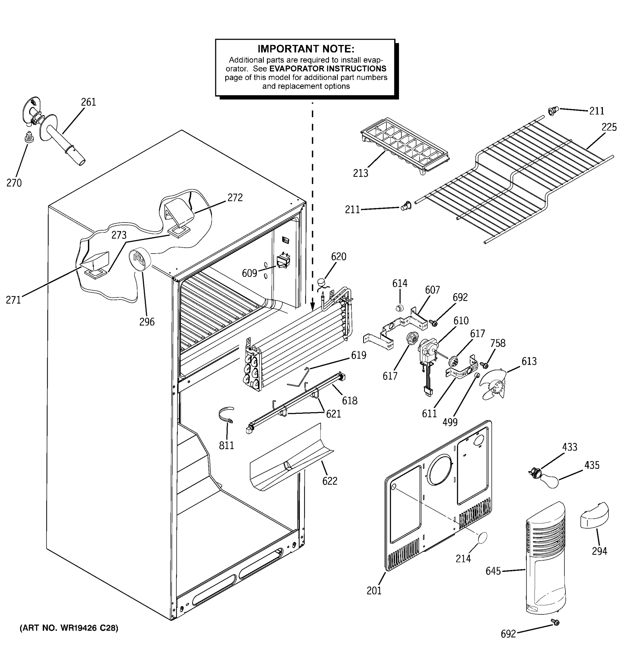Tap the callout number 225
[x=609, y=127]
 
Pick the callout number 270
[x=14, y=183]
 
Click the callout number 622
[x=330, y=481]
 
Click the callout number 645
[x=493, y=571]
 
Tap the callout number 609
[x=249, y=273]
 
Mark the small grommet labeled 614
[x=398, y=308]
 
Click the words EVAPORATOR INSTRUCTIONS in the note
[x=328, y=69]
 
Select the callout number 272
[x=235, y=197]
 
